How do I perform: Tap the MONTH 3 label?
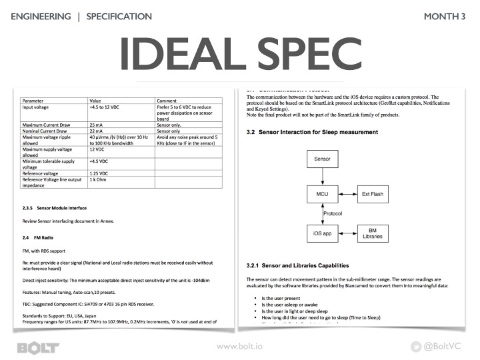[x=445, y=16]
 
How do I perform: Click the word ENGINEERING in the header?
[x=41, y=16]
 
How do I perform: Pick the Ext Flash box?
[x=374, y=194]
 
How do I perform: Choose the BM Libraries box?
[x=374, y=233]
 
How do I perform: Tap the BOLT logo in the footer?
[x=38, y=347]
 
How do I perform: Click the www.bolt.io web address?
[x=239, y=347]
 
